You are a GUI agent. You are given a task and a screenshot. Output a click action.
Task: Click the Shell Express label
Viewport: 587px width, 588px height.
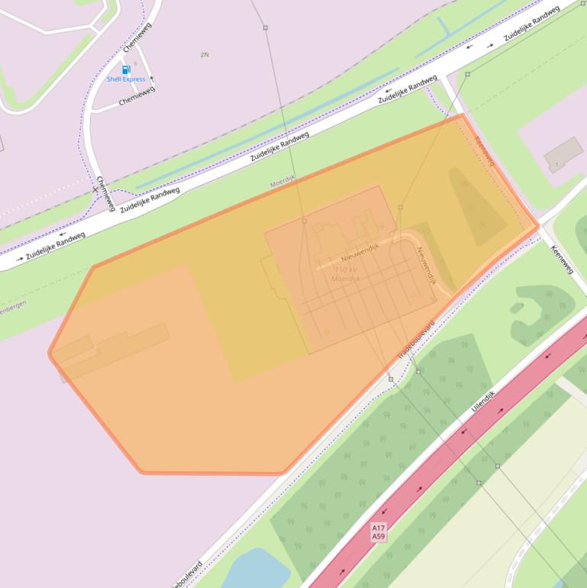point(126,79)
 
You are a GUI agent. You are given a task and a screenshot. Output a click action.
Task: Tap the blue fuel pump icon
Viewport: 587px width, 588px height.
point(127,69)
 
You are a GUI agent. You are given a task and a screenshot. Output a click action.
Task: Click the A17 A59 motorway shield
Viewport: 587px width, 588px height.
point(379,532)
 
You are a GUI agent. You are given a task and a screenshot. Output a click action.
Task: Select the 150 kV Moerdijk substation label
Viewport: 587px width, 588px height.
point(346,274)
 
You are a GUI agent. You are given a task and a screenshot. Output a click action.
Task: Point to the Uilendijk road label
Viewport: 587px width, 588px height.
point(483,402)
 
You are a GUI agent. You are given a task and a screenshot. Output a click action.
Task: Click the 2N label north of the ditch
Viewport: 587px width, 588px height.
point(205,55)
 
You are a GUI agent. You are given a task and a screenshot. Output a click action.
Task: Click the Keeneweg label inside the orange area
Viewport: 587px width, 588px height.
point(485,151)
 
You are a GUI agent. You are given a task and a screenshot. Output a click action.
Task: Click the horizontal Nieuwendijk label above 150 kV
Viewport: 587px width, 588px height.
point(360,250)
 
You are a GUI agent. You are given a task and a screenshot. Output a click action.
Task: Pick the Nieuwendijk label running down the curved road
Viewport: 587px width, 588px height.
point(426,266)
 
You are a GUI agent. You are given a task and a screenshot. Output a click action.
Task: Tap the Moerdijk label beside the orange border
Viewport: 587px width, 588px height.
point(282,182)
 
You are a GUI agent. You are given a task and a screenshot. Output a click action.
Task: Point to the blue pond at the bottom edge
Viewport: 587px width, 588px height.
point(252,570)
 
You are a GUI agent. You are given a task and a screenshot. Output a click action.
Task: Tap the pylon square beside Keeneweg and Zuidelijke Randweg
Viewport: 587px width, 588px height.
point(468,74)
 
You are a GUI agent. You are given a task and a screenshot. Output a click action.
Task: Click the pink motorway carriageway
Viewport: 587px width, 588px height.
point(458,443)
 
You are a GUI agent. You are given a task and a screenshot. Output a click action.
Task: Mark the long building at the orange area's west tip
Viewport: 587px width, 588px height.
point(114,347)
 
